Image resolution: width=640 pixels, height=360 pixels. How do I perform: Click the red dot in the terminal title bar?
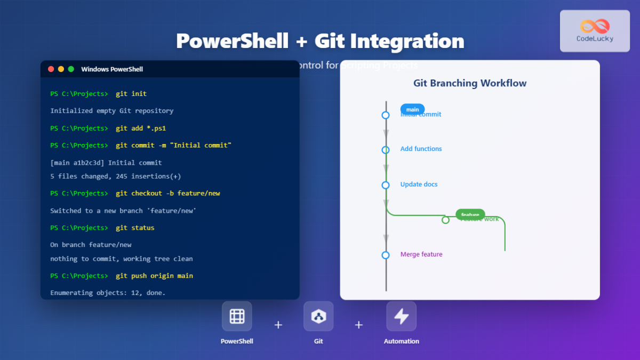tap(51, 69)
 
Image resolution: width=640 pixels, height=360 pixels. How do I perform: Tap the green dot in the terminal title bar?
tap(71, 69)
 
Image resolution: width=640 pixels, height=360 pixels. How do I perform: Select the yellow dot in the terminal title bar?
tap(61, 69)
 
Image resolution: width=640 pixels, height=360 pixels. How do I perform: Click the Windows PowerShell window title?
tap(112, 69)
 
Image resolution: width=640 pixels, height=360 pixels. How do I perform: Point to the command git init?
tap(131, 94)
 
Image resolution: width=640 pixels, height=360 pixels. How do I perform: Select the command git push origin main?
tap(154, 276)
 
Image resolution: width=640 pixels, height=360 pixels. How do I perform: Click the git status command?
tap(135, 228)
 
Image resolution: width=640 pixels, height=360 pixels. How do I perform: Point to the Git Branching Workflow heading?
tap(470, 83)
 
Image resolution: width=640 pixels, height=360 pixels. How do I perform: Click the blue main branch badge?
tap(412, 109)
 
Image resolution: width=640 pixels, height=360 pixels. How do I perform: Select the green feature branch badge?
tap(470, 214)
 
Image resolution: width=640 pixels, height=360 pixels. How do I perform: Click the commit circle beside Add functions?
tap(386, 150)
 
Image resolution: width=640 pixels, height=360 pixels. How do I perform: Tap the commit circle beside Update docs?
tap(386, 185)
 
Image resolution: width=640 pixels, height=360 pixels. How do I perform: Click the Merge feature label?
tap(421, 254)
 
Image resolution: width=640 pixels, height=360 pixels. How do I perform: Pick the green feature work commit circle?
tap(445, 220)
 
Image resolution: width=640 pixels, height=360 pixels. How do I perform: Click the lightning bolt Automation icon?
tap(401, 316)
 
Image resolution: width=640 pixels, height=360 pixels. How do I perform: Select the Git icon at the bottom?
tap(318, 316)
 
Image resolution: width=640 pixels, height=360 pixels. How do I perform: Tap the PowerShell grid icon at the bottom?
tap(237, 316)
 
